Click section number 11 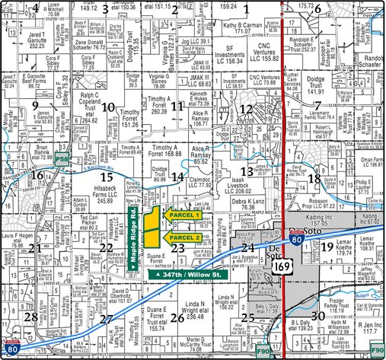coord(177,106)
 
